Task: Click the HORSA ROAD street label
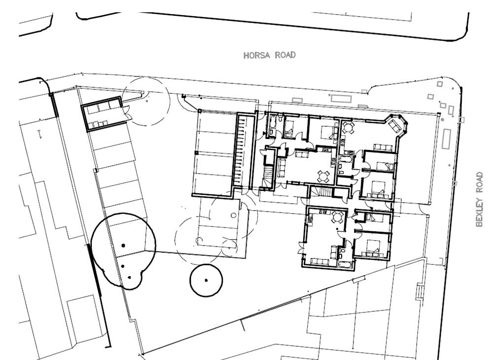[x=270, y=55]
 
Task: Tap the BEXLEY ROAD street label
[x=479, y=199]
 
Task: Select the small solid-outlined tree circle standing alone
[x=206, y=280]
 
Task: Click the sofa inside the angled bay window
[x=394, y=125]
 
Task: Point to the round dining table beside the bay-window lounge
[x=348, y=127]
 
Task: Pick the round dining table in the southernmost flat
[x=337, y=217]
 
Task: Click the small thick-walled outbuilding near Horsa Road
[x=102, y=113]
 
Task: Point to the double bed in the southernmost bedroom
[x=373, y=248]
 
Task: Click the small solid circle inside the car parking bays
[x=233, y=216]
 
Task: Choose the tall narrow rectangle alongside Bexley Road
[x=446, y=139]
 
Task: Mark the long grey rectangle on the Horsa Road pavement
[x=341, y=99]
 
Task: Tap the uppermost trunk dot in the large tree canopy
[x=123, y=245]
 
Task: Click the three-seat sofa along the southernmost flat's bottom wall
[x=319, y=261]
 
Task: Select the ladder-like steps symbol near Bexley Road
[x=420, y=290]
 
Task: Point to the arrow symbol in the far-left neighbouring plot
[x=39, y=135]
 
